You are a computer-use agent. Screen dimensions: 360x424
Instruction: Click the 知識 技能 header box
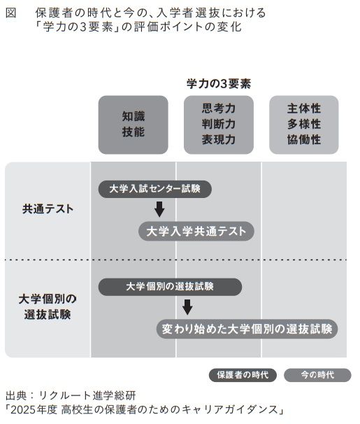(x=133, y=125)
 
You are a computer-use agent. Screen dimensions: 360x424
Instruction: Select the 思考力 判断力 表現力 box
(x=219, y=125)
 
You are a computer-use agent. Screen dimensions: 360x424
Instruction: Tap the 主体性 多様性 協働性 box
(x=304, y=125)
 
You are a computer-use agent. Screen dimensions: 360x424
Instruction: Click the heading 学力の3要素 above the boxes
(x=219, y=84)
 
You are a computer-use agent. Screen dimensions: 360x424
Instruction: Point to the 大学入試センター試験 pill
(x=154, y=189)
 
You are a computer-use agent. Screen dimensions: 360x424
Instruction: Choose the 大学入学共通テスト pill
(x=196, y=231)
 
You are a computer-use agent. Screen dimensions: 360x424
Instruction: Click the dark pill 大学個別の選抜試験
(x=170, y=287)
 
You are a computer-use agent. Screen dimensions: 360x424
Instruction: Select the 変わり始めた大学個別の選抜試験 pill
(x=247, y=329)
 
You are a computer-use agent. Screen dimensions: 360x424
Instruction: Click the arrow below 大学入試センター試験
(x=159, y=209)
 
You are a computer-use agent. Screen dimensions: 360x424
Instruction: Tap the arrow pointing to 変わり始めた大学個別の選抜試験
(x=187, y=307)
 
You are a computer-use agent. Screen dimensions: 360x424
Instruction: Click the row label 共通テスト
(x=48, y=209)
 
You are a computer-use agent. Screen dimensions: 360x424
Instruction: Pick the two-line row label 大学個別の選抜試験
(x=48, y=307)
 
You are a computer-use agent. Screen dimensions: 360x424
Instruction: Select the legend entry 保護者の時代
(x=243, y=375)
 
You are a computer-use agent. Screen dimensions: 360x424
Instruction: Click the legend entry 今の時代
(x=317, y=375)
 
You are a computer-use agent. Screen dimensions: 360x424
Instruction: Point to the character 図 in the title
(x=11, y=13)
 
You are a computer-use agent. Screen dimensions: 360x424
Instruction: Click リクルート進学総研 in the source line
(x=87, y=395)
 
